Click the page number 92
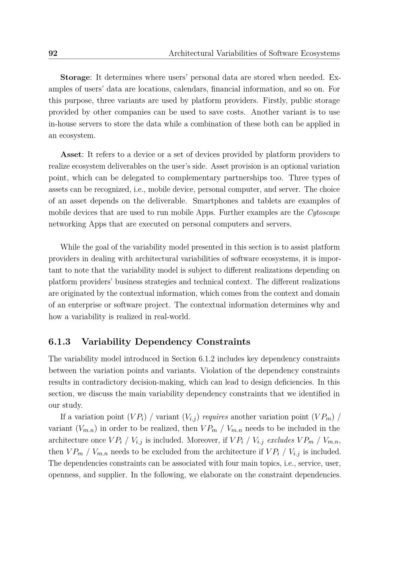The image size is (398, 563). pos(53,53)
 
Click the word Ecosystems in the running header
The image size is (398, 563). pos(319,53)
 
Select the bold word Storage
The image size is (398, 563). pos(75,77)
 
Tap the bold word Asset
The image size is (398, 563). pos(71,154)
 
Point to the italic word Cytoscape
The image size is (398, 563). pos(324,213)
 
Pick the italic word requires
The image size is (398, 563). pos(215,417)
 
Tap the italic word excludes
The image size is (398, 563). pos(281,440)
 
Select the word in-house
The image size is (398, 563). pos(63,124)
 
